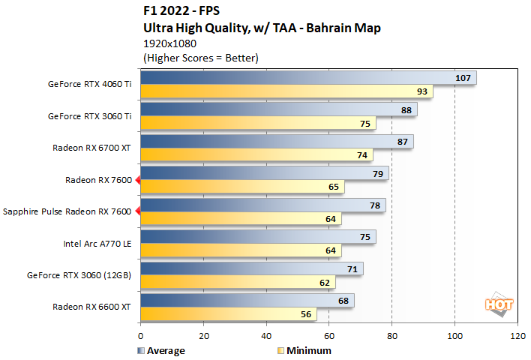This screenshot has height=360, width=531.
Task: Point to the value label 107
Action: click(463, 78)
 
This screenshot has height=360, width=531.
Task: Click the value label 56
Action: click(305, 314)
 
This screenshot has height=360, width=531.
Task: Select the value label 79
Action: click(377, 174)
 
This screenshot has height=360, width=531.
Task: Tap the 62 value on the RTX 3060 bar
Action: click(324, 283)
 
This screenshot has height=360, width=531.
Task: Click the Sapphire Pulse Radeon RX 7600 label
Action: click(67, 211)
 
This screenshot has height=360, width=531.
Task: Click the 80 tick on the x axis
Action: click(391, 337)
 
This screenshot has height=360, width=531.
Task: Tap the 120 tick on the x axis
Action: click(517, 337)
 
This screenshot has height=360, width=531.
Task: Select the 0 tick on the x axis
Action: click(140, 337)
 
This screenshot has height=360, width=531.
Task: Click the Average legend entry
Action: click(161, 350)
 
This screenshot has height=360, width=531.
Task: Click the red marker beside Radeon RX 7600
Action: click(136, 180)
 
